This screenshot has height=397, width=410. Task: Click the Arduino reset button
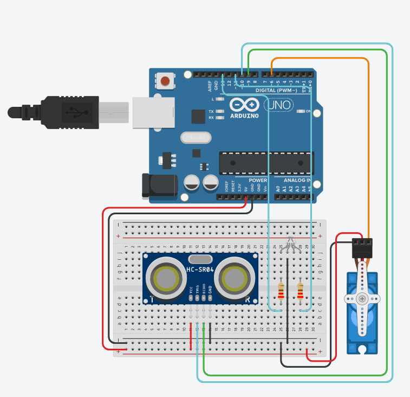coord(166,81)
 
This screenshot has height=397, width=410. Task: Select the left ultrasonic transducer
coord(166,278)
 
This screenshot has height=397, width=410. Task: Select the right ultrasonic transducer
coord(234,278)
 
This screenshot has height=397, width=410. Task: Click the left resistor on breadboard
coord(281,291)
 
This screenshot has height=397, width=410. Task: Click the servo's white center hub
coord(362,298)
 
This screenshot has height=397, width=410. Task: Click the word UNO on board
coord(281,104)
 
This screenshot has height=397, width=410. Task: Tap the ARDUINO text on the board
coord(244,116)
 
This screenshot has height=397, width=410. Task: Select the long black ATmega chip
coord(266,162)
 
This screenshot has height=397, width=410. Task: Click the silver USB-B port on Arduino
coord(153,112)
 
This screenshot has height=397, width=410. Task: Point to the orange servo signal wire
coord(368,136)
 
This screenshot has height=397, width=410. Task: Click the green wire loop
coord(387,217)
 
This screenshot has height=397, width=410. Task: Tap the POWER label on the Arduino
coord(258,180)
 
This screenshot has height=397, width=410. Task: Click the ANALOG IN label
coord(297,180)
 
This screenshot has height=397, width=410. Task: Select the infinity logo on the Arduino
coord(245,105)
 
